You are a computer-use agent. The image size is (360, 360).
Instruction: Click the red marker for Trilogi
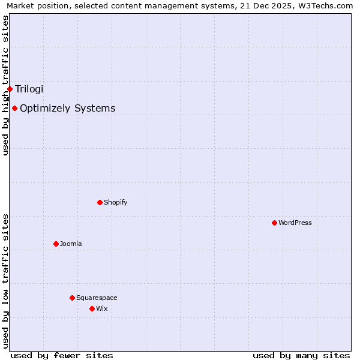[x=10, y=89]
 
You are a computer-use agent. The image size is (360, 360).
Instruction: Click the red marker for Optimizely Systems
[x=14, y=108]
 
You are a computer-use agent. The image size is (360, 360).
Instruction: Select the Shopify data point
[x=100, y=202]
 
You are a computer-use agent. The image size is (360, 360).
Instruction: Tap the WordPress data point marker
[x=274, y=223]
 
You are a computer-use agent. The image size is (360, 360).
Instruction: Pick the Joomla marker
[x=56, y=244]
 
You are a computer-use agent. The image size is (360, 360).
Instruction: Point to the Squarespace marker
[x=72, y=298]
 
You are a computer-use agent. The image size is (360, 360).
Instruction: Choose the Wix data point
[x=92, y=308]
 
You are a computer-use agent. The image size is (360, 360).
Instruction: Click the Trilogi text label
[x=29, y=89]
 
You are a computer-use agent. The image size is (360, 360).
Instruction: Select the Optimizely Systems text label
[x=67, y=108]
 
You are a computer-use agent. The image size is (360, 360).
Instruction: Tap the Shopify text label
[x=115, y=202]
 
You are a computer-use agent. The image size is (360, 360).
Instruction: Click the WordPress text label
[x=295, y=223]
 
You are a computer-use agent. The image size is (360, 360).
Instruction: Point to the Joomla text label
[x=71, y=244]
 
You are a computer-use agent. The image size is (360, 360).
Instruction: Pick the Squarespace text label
[x=97, y=298]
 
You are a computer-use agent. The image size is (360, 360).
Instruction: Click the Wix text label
[x=101, y=308]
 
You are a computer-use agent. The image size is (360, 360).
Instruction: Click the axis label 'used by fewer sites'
[x=62, y=355]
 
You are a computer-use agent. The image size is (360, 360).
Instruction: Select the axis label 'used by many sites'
[x=301, y=355]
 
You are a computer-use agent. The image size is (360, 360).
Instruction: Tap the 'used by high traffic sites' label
[x=5, y=85]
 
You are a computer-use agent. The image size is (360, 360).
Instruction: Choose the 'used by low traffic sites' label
[x=5, y=281]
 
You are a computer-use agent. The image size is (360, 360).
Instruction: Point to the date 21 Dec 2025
[x=266, y=5]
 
